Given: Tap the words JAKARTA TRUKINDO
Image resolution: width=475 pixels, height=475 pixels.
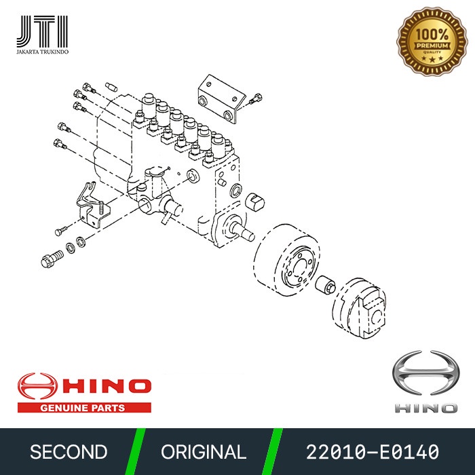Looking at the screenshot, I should tap(41, 50).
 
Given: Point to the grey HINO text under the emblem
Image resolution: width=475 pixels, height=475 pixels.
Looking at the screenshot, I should tap(425, 407).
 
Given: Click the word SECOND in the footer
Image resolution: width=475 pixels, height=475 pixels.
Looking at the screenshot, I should tap(69, 452).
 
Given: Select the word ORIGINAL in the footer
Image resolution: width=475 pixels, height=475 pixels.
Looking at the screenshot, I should tap(204, 452).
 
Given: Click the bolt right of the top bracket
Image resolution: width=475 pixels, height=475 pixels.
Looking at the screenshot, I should tap(255, 100).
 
